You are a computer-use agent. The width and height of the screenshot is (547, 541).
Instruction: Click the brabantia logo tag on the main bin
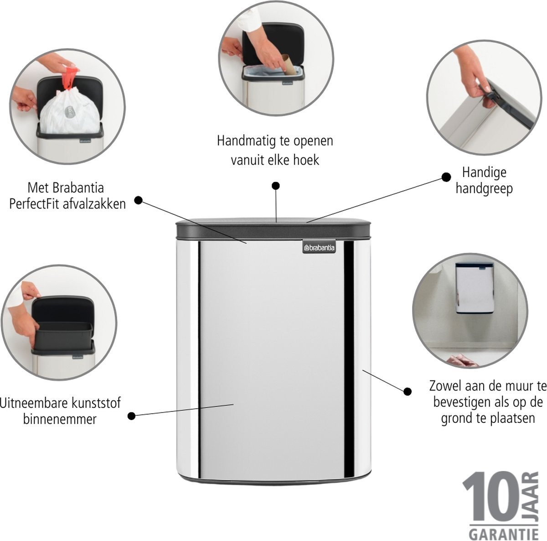point(319,247)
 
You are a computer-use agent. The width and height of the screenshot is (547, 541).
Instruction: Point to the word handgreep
point(484,189)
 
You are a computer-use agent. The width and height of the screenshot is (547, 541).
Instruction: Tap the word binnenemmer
point(60,419)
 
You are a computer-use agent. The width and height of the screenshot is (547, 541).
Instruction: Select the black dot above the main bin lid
point(276,186)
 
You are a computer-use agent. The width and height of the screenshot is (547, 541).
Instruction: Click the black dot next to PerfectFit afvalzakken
point(138,200)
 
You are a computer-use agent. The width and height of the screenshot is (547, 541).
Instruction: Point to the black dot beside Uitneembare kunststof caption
point(131,416)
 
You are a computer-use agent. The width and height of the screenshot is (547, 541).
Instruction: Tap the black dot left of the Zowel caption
point(408,391)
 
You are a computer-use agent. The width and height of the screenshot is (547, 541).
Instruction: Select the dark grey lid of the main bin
point(273,228)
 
